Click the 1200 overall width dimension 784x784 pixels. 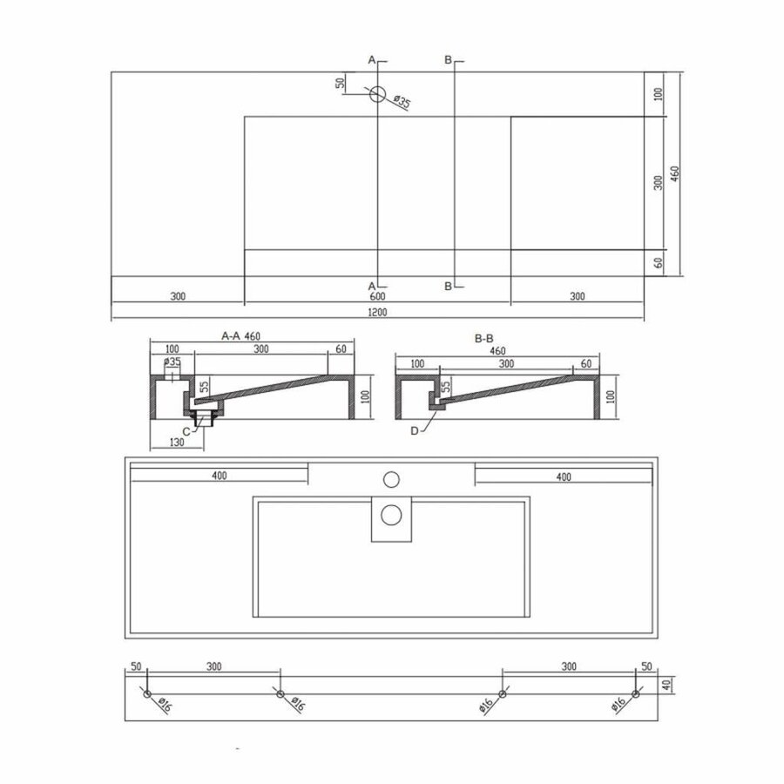377,313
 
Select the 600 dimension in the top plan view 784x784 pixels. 377,296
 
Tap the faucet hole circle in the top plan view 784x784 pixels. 377,94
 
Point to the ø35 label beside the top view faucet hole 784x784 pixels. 402,103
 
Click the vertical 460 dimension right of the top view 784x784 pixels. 675,173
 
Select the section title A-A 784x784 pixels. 231,335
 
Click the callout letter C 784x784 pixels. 186,431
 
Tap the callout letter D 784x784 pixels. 413,430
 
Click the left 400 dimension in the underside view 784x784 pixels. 219,476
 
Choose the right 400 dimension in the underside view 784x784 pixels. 564,476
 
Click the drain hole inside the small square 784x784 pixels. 391,515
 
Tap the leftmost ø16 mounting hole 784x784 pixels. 147,693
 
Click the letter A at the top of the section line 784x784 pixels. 371,60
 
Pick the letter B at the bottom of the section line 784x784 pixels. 448,285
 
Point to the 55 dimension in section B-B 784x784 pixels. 446,386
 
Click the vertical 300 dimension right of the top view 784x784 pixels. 659,182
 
